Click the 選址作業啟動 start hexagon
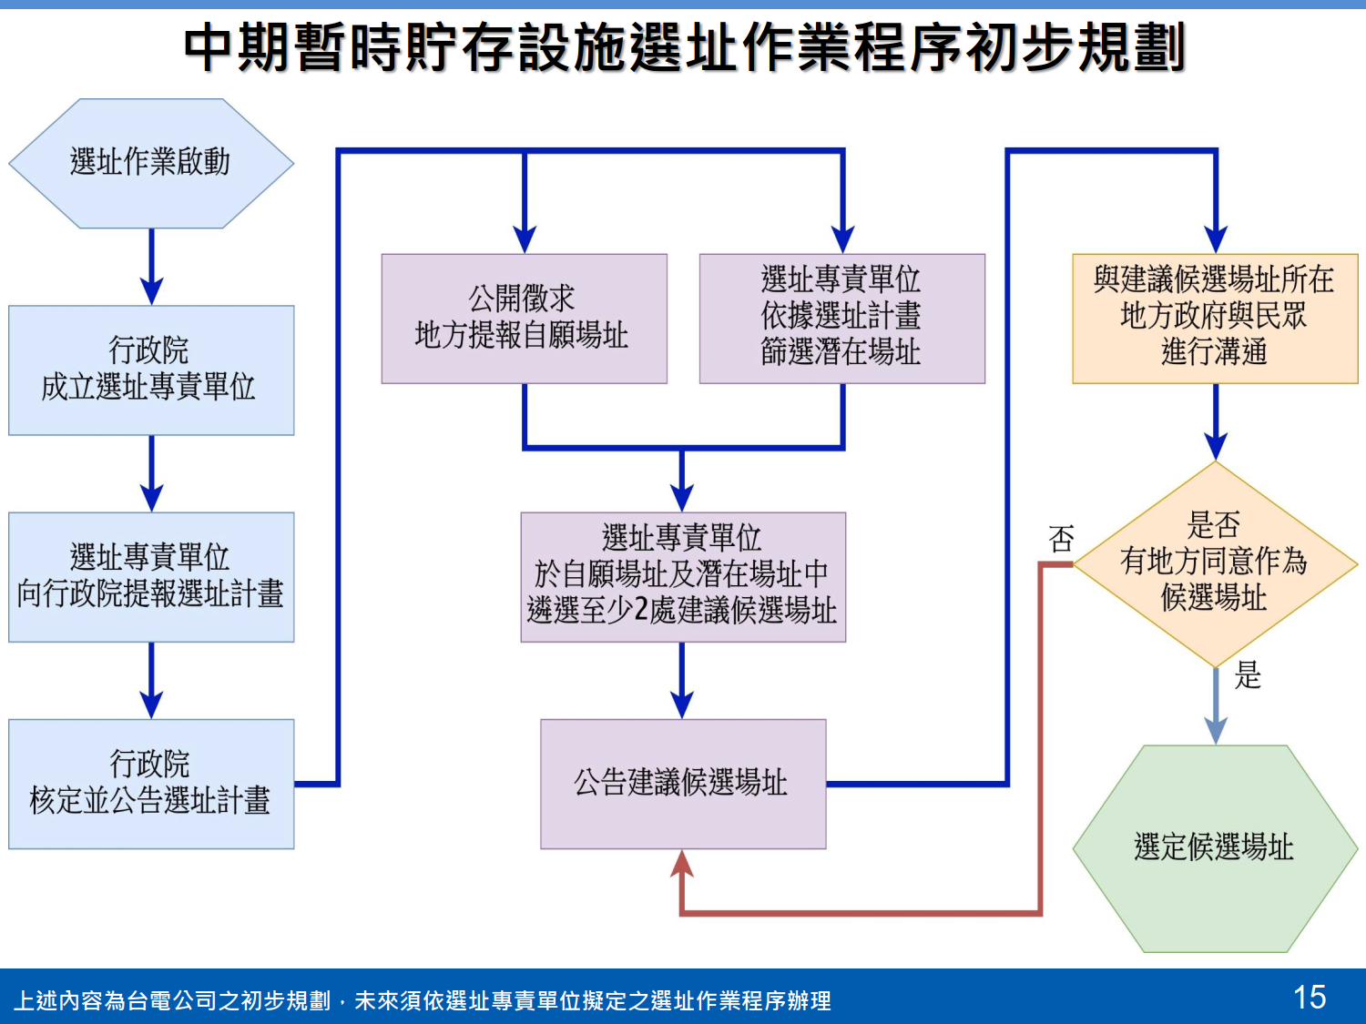151,163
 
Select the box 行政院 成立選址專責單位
151,370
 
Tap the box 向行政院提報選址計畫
151,577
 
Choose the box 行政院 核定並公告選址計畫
151,784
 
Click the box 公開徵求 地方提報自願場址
524,319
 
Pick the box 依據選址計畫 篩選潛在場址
842,319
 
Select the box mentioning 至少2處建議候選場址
683,577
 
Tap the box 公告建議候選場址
683,784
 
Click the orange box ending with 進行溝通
1215,319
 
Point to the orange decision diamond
1215,564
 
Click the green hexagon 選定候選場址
1215,848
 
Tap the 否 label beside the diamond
1061,539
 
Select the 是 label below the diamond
1247,675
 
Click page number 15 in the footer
1310,998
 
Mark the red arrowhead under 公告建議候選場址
682,864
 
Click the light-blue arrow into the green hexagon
1216,706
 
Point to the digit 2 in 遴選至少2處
641,610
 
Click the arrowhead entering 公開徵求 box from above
525,239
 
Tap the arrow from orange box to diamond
1216,422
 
